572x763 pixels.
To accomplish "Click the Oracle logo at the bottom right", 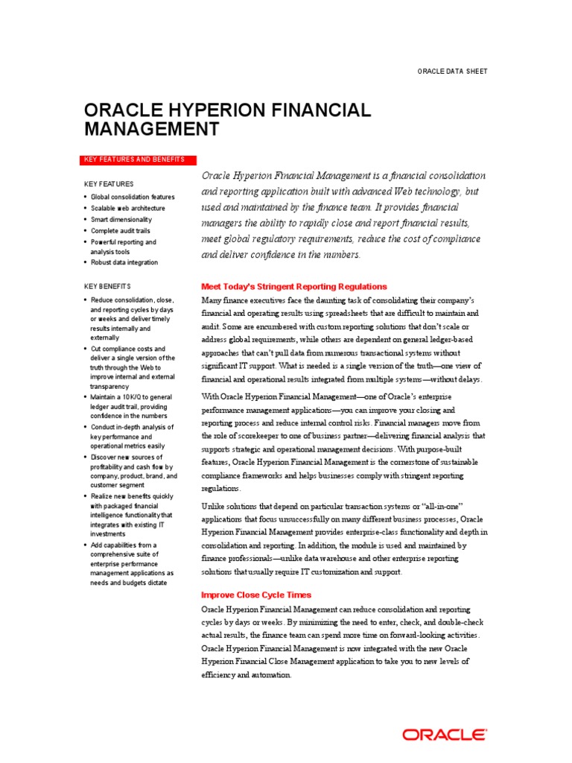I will pos(445,735).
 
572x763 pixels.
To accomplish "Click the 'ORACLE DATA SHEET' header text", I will pos(452,71).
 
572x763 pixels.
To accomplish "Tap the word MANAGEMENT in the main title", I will pos(151,130).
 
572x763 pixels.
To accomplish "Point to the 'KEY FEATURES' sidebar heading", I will pos(109,184).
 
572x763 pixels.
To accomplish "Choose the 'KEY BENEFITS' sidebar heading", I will pos(107,286).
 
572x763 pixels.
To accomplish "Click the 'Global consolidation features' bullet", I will pos(133,197).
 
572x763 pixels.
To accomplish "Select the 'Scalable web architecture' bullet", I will pos(128,208).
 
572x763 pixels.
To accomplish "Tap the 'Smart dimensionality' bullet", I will pos(121,220).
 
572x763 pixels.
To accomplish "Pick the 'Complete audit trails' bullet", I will pos(121,231).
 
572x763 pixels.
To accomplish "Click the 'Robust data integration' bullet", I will pos(124,262).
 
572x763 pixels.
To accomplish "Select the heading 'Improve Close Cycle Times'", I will pos(257,595).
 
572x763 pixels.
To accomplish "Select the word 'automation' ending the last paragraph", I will pos(271,674).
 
